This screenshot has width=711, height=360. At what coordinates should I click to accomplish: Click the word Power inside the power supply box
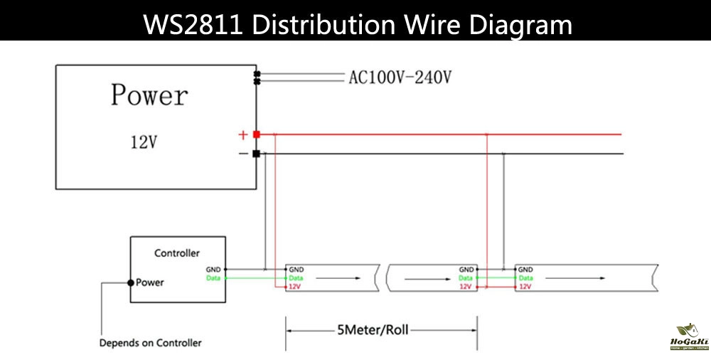coord(149,95)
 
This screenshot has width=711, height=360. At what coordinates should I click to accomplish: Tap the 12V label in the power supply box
coord(143,142)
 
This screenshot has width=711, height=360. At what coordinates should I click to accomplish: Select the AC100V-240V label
coord(400,77)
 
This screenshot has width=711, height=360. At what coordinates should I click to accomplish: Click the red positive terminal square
coord(256,134)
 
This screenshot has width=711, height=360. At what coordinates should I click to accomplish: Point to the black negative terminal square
coord(256,153)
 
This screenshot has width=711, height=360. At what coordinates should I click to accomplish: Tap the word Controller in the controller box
coord(177,253)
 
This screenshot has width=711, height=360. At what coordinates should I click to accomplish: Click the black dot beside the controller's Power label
coord(130,282)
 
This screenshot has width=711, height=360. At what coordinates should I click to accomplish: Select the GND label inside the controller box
coord(213,270)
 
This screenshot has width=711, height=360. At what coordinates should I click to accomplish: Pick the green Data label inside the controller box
coord(213,278)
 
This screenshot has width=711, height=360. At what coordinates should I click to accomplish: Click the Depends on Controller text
coord(150,343)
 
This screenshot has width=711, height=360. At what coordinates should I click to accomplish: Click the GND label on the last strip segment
coord(525,270)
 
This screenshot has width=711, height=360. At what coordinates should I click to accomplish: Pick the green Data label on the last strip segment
coord(525,278)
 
